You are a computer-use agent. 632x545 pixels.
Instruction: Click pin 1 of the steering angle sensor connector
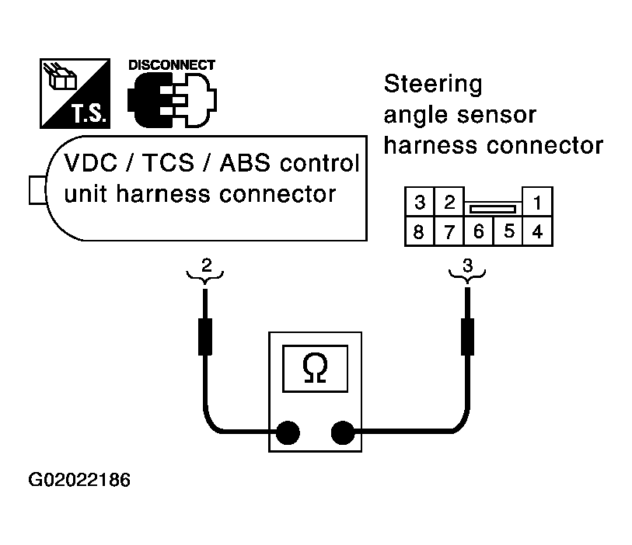(537, 202)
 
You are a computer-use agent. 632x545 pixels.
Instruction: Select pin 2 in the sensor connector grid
(449, 202)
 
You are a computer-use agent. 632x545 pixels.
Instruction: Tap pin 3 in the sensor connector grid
(420, 202)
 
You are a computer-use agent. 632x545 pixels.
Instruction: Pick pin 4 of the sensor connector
(537, 231)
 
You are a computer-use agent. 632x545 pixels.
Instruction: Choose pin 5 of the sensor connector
(508, 231)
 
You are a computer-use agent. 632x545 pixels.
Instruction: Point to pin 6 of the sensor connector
(479, 231)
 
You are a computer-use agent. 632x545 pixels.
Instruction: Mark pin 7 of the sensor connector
(449, 231)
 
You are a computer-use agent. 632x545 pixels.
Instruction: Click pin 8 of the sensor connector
(420, 231)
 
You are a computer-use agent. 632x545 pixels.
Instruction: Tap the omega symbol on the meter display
(315, 368)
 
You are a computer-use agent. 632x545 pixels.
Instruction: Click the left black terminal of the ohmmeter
(288, 432)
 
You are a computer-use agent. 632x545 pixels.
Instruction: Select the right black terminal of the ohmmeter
(343, 432)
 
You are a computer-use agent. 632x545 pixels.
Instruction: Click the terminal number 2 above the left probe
(206, 265)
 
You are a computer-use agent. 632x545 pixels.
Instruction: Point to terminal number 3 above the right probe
(467, 266)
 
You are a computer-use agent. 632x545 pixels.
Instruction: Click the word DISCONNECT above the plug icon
(172, 65)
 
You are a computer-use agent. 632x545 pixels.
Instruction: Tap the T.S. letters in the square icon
(89, 113)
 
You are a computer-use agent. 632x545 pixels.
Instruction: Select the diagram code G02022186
(79, 480)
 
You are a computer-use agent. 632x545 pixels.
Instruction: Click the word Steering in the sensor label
(433, 85)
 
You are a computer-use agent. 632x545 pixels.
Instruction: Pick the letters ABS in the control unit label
(245, 163)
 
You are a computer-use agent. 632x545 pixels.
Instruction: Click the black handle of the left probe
(205, 337)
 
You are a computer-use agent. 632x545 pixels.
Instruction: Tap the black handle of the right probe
(467, 337)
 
